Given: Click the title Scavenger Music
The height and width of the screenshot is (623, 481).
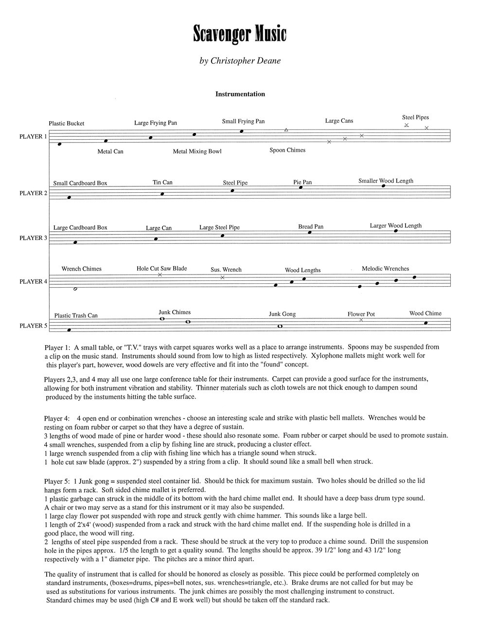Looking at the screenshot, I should click(x=240, y=34).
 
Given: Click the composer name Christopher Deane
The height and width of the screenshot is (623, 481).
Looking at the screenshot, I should click(x=240, y=61).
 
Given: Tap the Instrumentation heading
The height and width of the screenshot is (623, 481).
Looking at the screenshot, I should click(x=240, y=94).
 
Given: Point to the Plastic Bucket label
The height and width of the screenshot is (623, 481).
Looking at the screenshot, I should click(x=67, y=124).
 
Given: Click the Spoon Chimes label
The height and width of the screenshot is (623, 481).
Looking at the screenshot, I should click(x=287, y=150).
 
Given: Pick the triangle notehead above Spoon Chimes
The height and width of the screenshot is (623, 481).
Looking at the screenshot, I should click(x=286, y=130).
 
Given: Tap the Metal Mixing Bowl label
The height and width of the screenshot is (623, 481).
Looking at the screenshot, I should click(x=197, y=151).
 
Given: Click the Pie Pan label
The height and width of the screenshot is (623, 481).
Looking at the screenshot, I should click(x=303, y=183).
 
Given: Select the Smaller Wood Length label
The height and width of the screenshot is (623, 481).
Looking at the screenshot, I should click(x=386, y=181).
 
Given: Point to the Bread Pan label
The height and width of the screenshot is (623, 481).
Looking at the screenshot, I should click(x=311, y=227).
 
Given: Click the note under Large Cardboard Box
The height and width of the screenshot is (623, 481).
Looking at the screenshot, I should click(x=75, y=242).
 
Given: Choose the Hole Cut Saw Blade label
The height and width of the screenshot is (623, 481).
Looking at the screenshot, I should click(x=161, y=268).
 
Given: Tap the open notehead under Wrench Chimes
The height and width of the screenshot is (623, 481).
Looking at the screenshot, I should click(x=75, y=289).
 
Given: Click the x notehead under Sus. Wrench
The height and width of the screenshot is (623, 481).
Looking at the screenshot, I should click(x=222, y=277).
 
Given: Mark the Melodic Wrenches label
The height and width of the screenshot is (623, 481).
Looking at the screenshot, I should click(x=385, y=269).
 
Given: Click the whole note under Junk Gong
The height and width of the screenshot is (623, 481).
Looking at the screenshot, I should click(x=280, y=326).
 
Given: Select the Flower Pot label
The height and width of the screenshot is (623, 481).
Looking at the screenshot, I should click(x=361, y=314).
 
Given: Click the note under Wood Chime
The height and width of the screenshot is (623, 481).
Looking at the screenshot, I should click(x=426, y=322).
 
